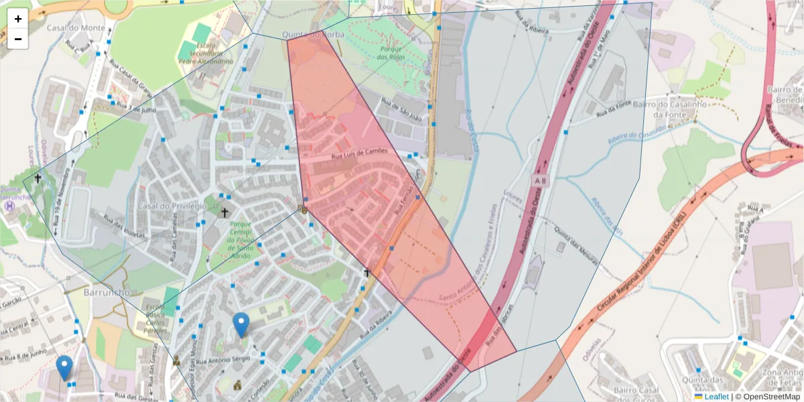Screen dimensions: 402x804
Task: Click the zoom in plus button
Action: (x=18, y=19)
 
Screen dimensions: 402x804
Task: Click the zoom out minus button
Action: (x=18, y=39)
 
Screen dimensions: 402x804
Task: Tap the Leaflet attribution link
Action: (x=716, y=397)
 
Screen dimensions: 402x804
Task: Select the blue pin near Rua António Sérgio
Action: (x=241, y=325)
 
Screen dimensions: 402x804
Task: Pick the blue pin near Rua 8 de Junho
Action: (x=64, y=368)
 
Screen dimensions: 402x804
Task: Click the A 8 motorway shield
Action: (x=541, y=181)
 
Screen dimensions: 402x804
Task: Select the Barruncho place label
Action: (x=106, y=293)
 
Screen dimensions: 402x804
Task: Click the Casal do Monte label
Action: (x=76, y=28)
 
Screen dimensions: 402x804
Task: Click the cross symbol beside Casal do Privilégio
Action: (x=224, y=212)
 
